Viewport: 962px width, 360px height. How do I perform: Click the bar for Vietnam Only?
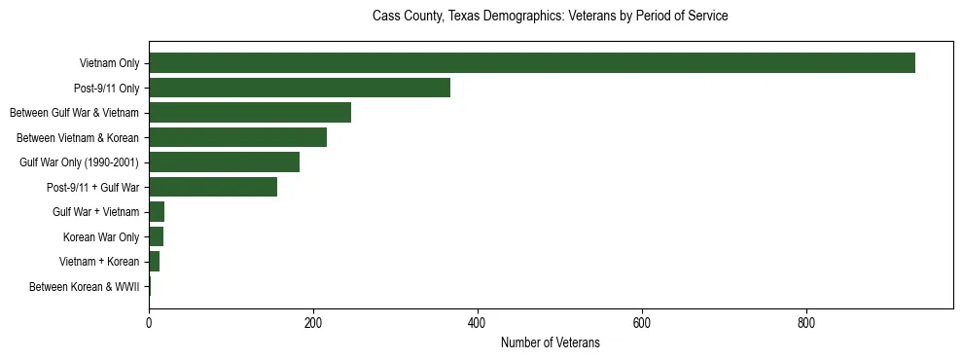coord(531,63)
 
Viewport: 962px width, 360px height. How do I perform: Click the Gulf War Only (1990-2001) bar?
coord(224,162)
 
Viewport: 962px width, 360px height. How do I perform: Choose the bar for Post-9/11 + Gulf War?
coord(213,187)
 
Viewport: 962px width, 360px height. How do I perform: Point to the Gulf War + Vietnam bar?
coord(157,212)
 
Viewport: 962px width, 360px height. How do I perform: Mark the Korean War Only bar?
coord(156,236)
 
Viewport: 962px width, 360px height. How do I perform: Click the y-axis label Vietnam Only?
coord(109,64)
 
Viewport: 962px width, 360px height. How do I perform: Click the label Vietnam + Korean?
coord(99,262)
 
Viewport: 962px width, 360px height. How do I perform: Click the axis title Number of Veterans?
coord(550,343)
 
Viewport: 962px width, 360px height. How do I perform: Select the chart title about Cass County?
coord(550,17)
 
